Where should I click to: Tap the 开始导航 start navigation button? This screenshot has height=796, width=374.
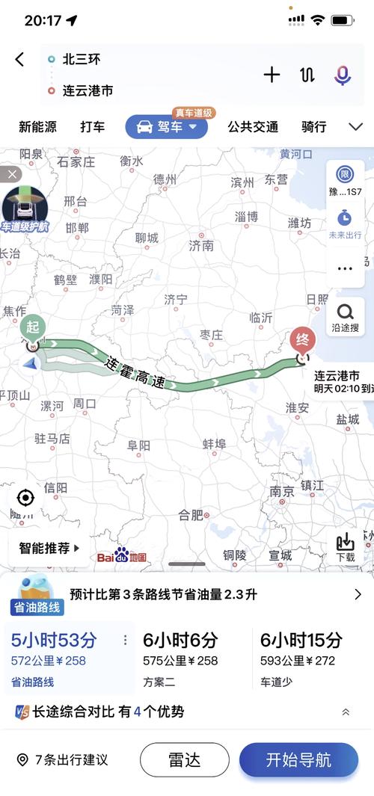pos(298,760)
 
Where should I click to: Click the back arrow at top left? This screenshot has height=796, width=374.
pos(20,60)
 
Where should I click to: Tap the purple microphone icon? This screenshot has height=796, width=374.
pos(343,74)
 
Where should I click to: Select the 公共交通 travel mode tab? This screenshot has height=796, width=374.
pos(253,127)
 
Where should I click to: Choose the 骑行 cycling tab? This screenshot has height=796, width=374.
pos(313,127)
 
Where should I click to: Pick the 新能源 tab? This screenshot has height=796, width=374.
pos(37,127)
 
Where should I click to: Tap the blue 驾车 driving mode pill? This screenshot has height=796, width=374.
pos(166,127)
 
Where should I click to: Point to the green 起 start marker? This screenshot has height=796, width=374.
pos(33,329)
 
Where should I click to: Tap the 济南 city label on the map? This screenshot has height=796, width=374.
pos(201,245)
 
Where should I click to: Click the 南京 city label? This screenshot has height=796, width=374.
pos(282,491)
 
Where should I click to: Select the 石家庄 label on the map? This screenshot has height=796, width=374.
pos(76,161)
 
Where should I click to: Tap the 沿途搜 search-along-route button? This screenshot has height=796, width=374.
pos(346,318)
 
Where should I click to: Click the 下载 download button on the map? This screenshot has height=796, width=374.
pos(346,548)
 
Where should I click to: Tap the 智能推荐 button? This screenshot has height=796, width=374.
pos(49,548)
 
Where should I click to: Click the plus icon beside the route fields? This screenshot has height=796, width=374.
pos(272,74)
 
